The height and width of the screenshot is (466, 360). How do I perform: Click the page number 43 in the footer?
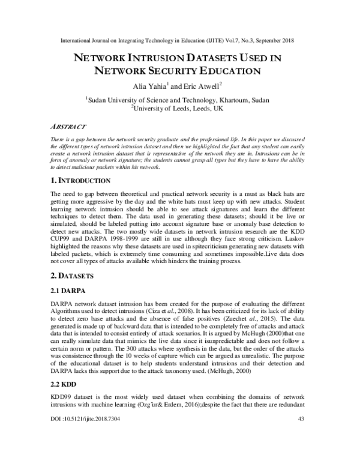point(302,452)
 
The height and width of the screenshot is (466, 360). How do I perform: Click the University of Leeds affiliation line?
point(180,109)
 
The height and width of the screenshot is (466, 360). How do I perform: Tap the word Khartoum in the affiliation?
point(229,100)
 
